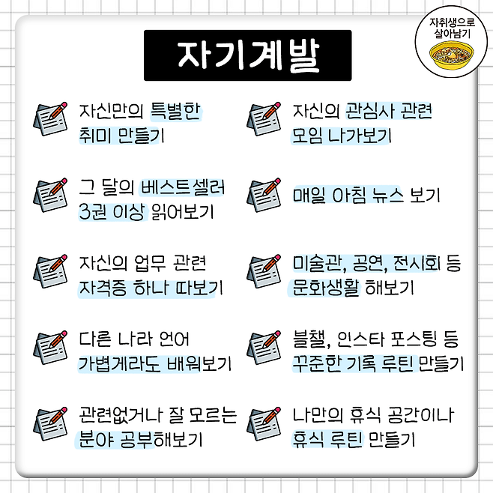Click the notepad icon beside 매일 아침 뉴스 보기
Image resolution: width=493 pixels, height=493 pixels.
pos(264,196)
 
